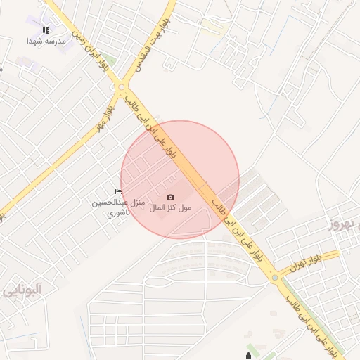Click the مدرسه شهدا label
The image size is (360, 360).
(x=46, y=41)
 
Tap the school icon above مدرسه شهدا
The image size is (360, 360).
(x=46, y=30)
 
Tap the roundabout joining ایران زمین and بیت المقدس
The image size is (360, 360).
(x=122, y=87)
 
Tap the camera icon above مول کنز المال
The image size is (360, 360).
(x=170, y=198)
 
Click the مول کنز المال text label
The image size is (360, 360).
(x=171, y=208)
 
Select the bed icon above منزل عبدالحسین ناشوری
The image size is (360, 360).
(x=118, y=192)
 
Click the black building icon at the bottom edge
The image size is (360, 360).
(x=248, y=356)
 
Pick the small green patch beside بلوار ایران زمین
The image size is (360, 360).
(x=169, y=61)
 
